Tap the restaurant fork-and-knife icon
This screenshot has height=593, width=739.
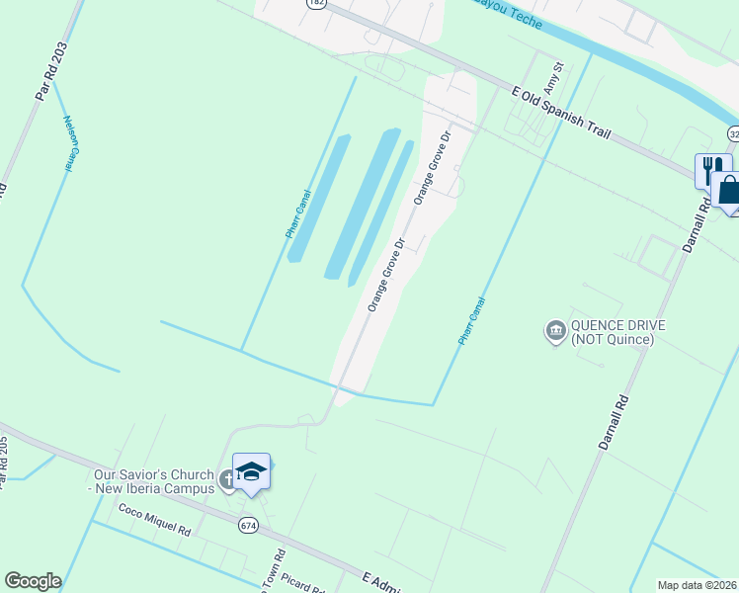click(x=712, y=168)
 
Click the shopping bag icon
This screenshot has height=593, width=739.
click(x=729, y=190)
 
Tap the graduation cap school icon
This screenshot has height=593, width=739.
click(x=251, y=471)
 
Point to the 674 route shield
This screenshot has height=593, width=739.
click(x=248, y=526)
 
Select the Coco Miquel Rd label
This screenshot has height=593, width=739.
click(x=154, y=522)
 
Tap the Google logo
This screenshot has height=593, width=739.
click(x=33, y=581)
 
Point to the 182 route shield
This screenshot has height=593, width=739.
click(x=315, y=3)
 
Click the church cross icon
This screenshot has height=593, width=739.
click(x=228, y=481)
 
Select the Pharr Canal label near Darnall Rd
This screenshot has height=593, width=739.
click(x=471, y=321)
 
